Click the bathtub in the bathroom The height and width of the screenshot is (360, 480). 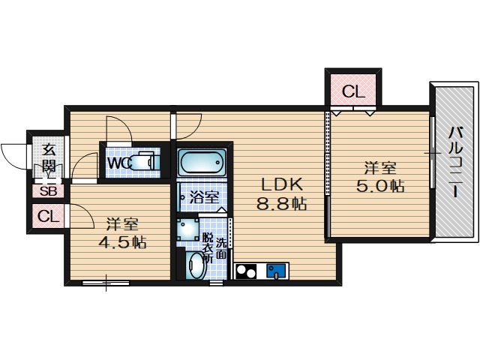[x=202, y=162]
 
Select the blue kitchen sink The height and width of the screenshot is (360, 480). [x=276, y=271]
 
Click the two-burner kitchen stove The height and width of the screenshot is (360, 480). [x=246, y=271]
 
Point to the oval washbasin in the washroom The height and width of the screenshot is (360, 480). [x=196, y=265]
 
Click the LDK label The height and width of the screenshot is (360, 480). [x=282, y=184]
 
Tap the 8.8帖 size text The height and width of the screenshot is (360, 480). [x=282, y=203]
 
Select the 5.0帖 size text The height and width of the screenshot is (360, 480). [x=380, y=185]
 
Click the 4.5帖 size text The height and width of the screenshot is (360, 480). [x=122, y=242]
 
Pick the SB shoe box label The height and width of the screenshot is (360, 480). [x=49, y=191]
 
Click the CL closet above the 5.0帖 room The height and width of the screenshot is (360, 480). [x=353, y=91]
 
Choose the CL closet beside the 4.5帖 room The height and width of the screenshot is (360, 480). [x=48, y=217]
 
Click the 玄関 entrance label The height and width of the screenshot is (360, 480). [x=48, y=157]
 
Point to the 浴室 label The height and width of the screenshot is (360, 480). [x=204, y=196]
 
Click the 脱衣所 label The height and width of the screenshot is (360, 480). [x=208, y=247]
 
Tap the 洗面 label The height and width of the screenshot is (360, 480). [x=222, y=248]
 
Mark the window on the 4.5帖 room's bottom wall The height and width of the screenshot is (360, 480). [x=106, y=283]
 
